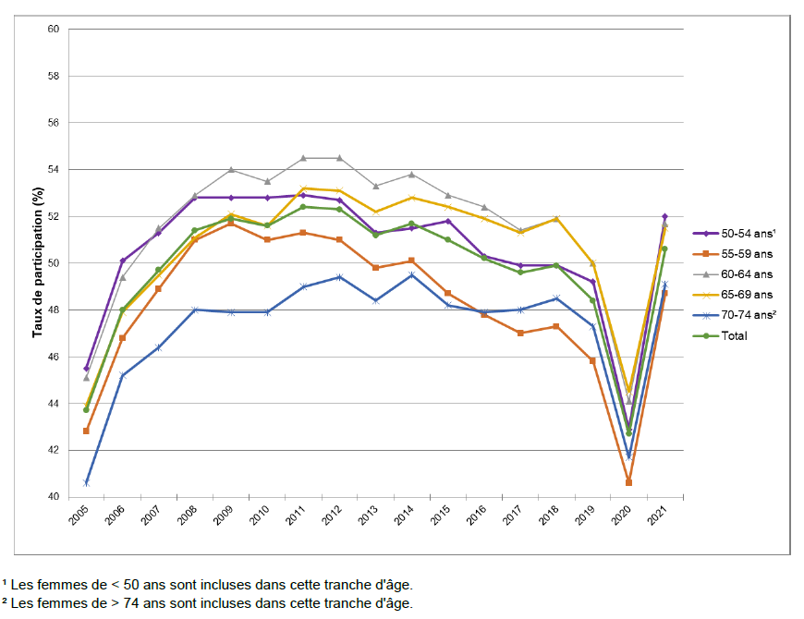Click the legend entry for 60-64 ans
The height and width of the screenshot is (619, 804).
tap(746, 274)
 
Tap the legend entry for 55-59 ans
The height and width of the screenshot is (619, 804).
tap(746, 254)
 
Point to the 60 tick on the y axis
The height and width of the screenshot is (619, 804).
tap(54, 30)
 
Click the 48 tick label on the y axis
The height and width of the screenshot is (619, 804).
tap(54, 310)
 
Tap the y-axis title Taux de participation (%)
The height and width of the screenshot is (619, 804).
tap(38, 262)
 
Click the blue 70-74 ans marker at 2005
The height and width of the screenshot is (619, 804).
tap(86, 483)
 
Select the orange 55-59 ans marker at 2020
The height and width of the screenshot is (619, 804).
tap(628, 482)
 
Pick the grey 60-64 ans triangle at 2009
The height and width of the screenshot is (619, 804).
tap(231, 169)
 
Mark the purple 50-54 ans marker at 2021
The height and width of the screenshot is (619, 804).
tap(664, 216)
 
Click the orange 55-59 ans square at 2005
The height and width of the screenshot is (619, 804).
tap(86, 431)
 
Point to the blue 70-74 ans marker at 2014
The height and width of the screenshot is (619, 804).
tap(411, 275)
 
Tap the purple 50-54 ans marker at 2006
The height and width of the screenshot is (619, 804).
tap(122, 261)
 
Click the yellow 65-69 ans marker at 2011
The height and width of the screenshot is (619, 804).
tap(303, 188)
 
